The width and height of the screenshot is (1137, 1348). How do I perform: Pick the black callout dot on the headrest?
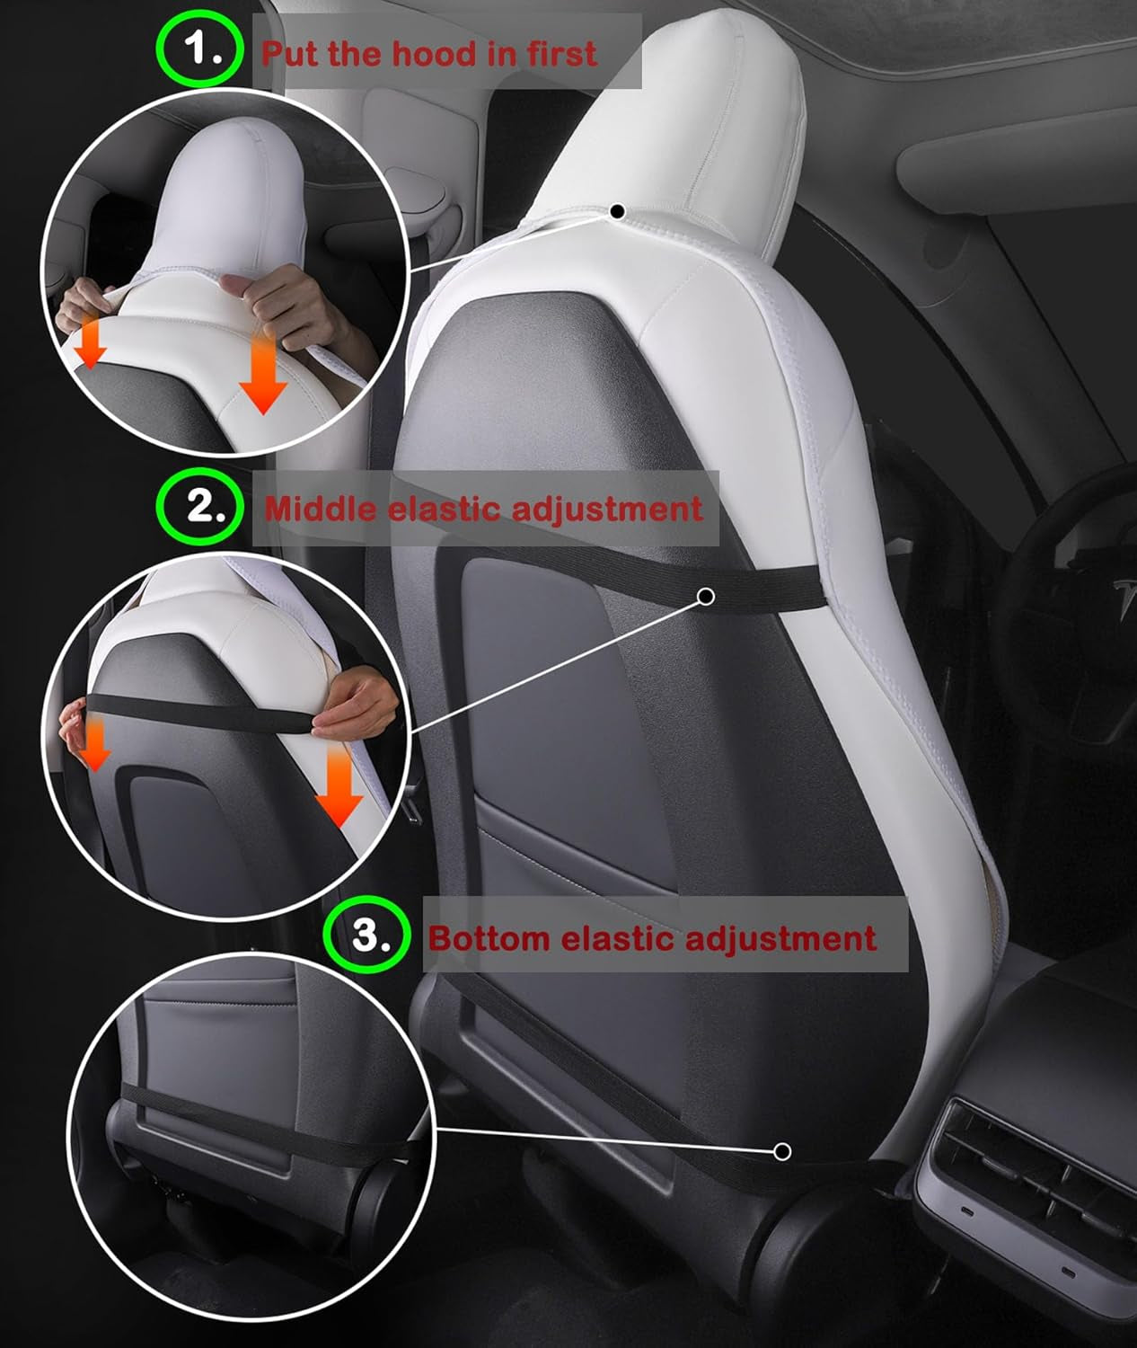point(617,212)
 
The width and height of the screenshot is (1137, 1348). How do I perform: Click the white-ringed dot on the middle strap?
point(706,596)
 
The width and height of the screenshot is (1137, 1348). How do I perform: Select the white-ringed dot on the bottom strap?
point(782,1151)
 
